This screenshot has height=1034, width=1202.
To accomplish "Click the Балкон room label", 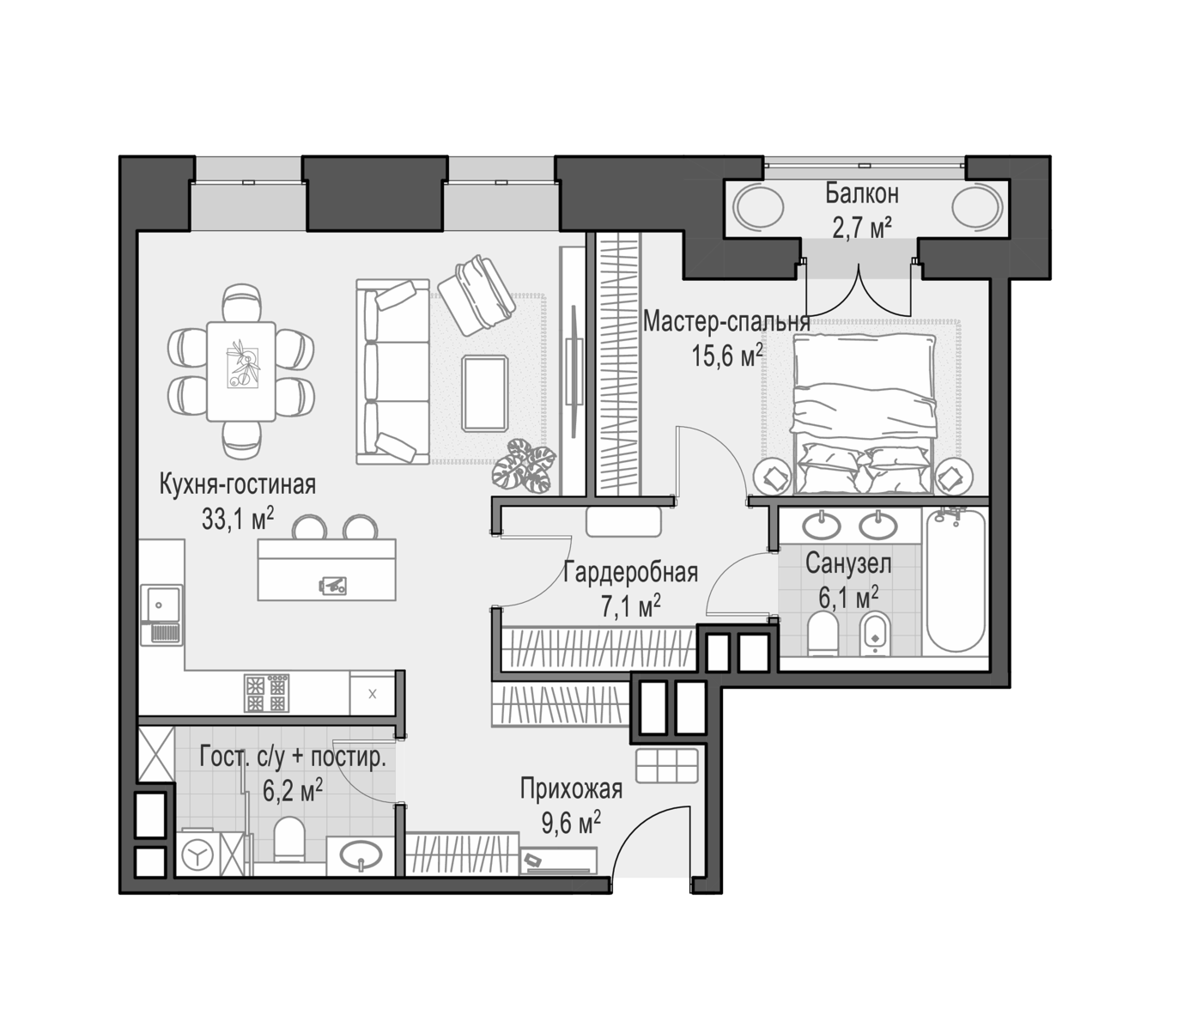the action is click(862, 193).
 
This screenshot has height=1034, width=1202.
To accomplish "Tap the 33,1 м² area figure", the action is click(237, 519).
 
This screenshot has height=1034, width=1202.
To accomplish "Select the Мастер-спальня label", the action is click(726, 321).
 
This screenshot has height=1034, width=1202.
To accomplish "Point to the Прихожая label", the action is click(571, 789).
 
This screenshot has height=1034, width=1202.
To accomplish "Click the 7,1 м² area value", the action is click(631, 606).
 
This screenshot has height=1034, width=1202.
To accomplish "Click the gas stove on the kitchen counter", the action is click(266, 693).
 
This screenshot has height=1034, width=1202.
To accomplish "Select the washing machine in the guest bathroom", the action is click(197, 855).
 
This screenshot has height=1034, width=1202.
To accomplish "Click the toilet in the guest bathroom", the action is click(289, 838).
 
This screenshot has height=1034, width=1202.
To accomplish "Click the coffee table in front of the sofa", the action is click(485, 393).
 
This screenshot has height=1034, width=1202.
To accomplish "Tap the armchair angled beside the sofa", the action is click(477, 295).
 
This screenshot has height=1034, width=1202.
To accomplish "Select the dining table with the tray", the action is click(241, 371).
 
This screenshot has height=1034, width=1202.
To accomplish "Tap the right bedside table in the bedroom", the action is click(952, 477).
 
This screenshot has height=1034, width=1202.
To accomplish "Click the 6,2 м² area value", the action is click(293, 791).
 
